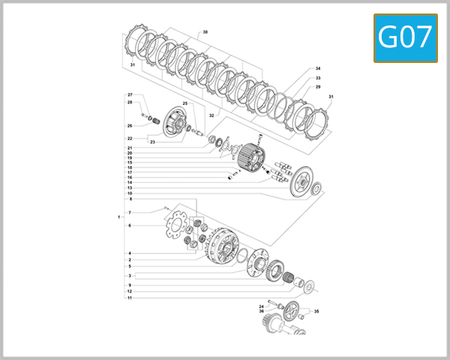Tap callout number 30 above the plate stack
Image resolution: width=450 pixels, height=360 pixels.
(205, 32)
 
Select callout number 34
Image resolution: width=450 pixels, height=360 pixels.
(318, 68)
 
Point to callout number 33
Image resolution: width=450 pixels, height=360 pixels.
(318, 78)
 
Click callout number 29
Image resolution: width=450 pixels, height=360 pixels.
(318, 87)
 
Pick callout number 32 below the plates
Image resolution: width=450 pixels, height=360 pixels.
(211, 116)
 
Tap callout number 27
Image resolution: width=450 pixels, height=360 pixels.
(130, 95)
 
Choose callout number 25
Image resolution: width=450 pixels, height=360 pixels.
(185, 103)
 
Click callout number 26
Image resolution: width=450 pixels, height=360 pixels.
(130, 125)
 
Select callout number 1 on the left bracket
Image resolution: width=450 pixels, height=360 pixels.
(119, 217)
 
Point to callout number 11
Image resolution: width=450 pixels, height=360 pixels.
(130, 298)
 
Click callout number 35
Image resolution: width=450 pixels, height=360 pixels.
(316, 310)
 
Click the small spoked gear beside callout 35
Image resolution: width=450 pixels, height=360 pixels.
(292, 308)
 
